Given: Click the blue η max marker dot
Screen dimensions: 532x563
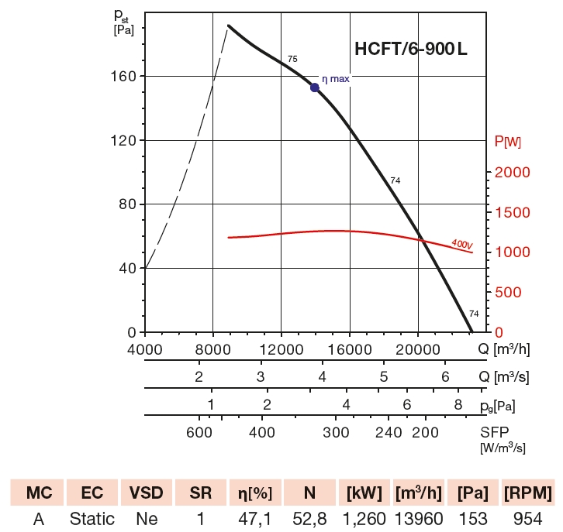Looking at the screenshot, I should (315, 88).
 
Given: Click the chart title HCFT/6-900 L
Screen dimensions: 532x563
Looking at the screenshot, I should (411, 50).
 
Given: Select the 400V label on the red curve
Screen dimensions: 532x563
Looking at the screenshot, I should (461, 244).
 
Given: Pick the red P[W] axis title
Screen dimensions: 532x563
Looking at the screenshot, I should (508, 142).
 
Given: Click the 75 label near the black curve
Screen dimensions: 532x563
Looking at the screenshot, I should (292, 59).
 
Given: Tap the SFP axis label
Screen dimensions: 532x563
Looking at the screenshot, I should (495, 432).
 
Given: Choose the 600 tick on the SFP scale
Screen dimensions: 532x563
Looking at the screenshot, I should (199, 432).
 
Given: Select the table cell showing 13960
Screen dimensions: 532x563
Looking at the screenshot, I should (420, 518).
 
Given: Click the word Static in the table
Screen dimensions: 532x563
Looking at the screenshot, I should (92, 518).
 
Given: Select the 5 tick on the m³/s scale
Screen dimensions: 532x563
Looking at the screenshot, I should (384, 376).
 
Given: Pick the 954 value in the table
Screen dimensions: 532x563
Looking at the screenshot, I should (527, 518).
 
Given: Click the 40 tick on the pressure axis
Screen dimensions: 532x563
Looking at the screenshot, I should (129, 268).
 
